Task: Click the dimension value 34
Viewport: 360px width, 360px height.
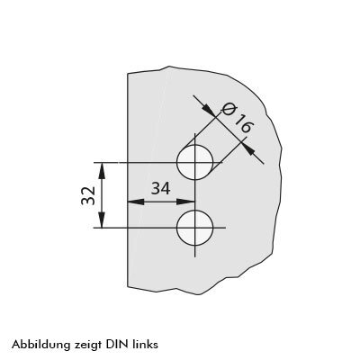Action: click(x=160, y=188)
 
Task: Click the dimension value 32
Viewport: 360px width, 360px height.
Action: click(x=88, y=195)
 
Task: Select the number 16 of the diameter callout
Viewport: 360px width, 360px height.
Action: click(x=242, y=123)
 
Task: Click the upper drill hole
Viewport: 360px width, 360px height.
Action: click(x=195, y=162)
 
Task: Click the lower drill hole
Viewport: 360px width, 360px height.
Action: click(x=195, y=228)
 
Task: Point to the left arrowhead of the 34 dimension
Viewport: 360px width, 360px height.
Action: click(x=136, y=202)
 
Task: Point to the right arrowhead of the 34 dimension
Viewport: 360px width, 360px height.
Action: click(x=186, y=202)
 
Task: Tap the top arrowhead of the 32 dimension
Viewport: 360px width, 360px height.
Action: click(x=103, y=171)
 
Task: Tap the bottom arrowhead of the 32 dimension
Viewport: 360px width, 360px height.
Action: click(x=103, y=220)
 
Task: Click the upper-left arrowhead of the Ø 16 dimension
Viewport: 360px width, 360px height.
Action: click(x=210, y=111)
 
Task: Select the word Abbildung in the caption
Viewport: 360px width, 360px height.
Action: click(x=40, y=345)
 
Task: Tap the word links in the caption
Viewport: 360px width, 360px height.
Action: click(x=145, y=344)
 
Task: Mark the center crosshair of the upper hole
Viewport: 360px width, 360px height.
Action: click(x=195, y=162)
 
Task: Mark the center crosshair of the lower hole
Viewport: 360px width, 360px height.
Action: click(x=195, y=228)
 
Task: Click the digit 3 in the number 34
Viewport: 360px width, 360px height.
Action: click(x=156, y=188)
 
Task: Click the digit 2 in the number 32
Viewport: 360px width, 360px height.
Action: click(x=88, y=191)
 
